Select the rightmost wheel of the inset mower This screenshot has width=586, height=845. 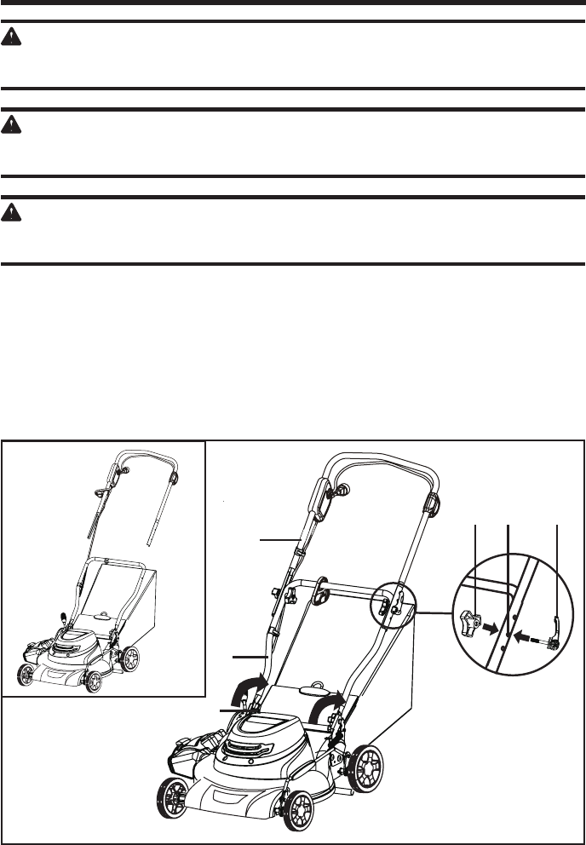pos(131,658)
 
